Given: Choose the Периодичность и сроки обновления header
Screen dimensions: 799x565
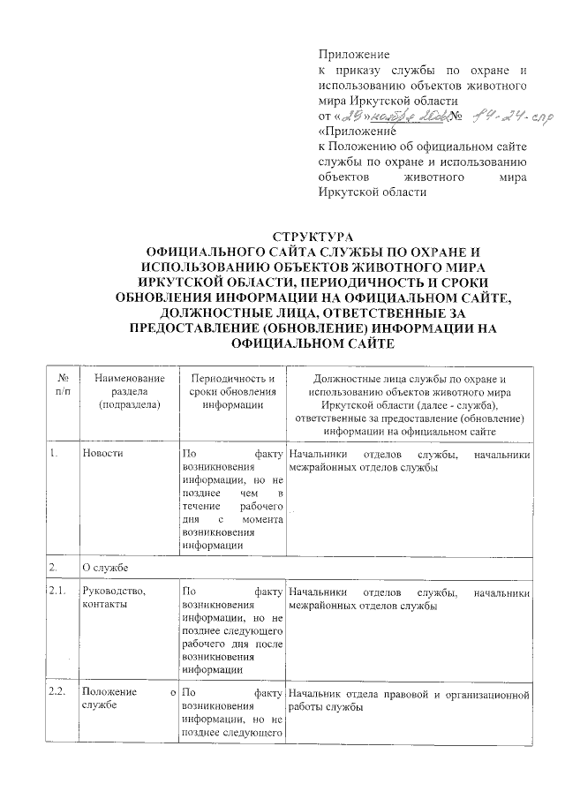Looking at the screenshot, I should pyautogui.click(x=231, y=391).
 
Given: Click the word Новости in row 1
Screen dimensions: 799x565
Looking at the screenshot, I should pyautogui.click(x=102, y=454).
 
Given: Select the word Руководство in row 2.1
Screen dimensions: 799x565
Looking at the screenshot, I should pyautogui.click(x=109, y=592).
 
